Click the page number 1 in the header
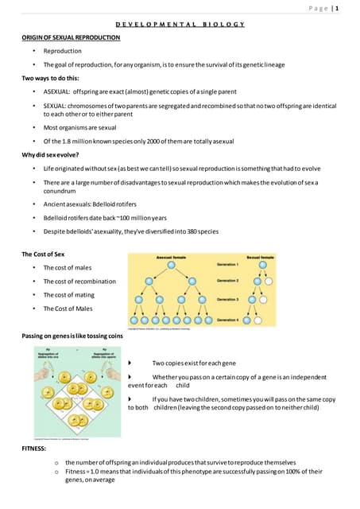point(337,9)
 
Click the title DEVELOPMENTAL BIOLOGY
point(179,26)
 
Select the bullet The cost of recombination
point(79,281)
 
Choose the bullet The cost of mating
point(68,294)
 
